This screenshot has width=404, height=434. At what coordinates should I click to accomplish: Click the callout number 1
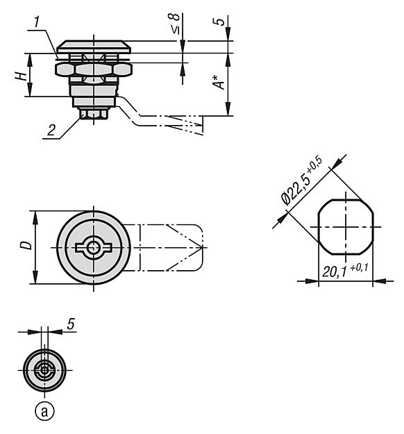click(x=37, y=22)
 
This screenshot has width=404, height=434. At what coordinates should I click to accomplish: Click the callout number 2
click(x=51, y=130)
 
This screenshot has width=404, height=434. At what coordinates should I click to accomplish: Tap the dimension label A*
click(x=219, y=82)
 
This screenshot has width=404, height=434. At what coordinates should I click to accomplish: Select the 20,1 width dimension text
click(x=335, y=272)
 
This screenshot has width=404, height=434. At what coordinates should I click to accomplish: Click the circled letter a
click(x=44, y=411)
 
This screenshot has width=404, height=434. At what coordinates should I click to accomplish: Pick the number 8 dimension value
click(x=175, y=17)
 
